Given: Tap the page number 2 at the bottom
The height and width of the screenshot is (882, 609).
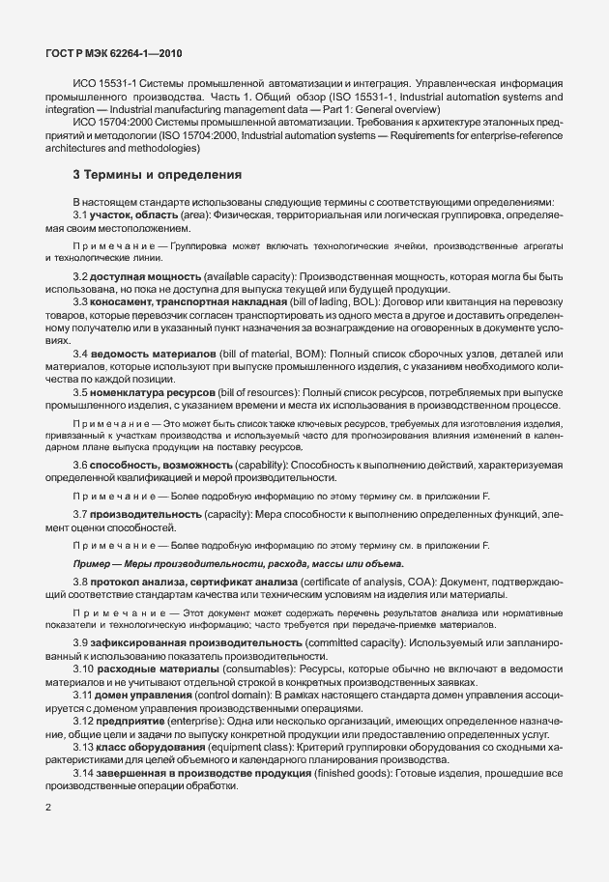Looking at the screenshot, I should [48, 808].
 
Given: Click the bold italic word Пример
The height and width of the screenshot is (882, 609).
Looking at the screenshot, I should [94, 562].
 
